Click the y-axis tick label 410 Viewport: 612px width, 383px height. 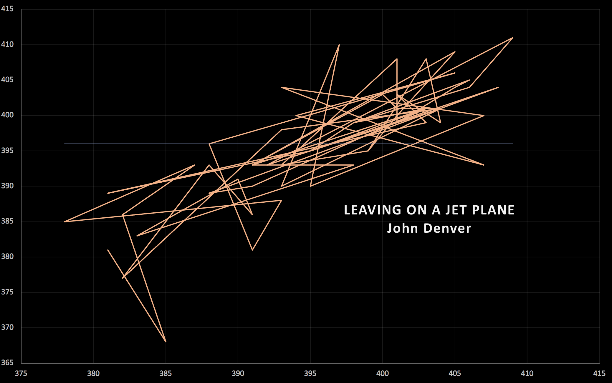[7, 44]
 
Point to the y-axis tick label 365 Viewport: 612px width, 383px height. [7, 363]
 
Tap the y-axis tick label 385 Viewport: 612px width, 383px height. [7, 221]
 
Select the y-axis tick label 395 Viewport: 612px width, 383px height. [7, 151]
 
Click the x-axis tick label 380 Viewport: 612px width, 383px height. [93, 374]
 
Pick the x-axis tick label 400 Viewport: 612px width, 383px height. [382, 374]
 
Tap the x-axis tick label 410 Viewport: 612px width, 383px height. [527, 374]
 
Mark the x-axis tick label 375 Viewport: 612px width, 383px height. [21, 374]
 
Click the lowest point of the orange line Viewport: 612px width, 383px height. [166, 342]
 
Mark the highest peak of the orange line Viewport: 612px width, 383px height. [513, 38]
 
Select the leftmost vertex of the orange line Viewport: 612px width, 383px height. [64, 222]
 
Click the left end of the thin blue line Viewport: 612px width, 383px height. [64, 144]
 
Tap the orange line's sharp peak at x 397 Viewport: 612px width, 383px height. [339, 45]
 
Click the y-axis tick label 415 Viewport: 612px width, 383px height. [7, 9]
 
